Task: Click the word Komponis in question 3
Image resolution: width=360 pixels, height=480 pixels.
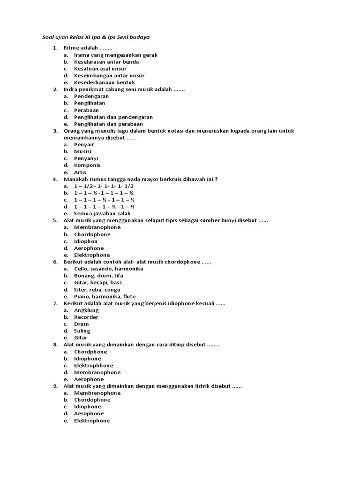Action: (x=87, y=165)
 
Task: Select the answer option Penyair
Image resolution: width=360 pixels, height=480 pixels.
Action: (x=84, y=144)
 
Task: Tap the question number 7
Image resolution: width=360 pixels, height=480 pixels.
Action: (x=55, y=303)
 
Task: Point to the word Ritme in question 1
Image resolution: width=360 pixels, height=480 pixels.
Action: (x=71, y=48)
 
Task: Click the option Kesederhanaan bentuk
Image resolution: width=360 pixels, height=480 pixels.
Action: (x=105, y=82)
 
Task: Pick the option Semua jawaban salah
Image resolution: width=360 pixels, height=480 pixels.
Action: (x=102, y=214)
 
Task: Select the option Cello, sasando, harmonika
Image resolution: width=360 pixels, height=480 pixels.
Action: (x=108, y=269)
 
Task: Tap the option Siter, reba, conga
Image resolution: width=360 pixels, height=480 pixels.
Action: (x=97, y=290)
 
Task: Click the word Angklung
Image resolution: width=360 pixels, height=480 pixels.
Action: (x=86, y=310)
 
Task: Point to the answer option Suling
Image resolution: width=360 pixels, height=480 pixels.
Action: (x=82, y=331)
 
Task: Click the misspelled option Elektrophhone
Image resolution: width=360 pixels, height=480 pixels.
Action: (x=94, y=366)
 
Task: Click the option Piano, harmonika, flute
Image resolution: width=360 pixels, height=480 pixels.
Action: (x=105, y=297)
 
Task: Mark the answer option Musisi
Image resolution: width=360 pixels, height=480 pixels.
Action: (x=82, y=151)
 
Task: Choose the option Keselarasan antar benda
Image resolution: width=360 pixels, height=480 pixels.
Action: (x=106, y=62)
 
